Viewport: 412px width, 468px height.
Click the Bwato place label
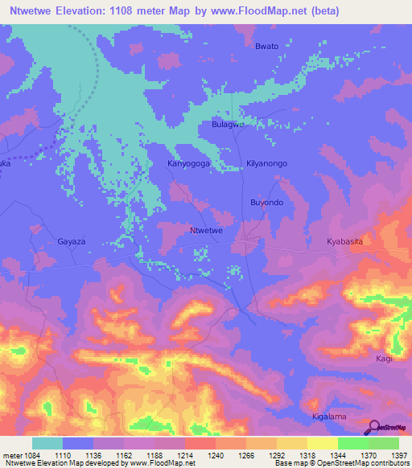tap(266, 46)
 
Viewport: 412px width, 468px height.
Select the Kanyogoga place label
tap(187, 163)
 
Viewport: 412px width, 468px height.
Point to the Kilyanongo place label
tap(266, 163)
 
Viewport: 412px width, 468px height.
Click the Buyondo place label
tap(266, 203)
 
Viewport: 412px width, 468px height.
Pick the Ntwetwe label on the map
tap(205, 231)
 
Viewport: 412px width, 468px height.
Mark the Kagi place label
tap(384, 359)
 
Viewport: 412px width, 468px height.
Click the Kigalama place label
tap(328, 417)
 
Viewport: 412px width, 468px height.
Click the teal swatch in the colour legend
tap(47, 443)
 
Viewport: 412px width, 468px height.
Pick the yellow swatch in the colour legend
tap(322, 443)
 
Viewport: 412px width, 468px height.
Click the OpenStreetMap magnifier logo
tap(374, 427)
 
